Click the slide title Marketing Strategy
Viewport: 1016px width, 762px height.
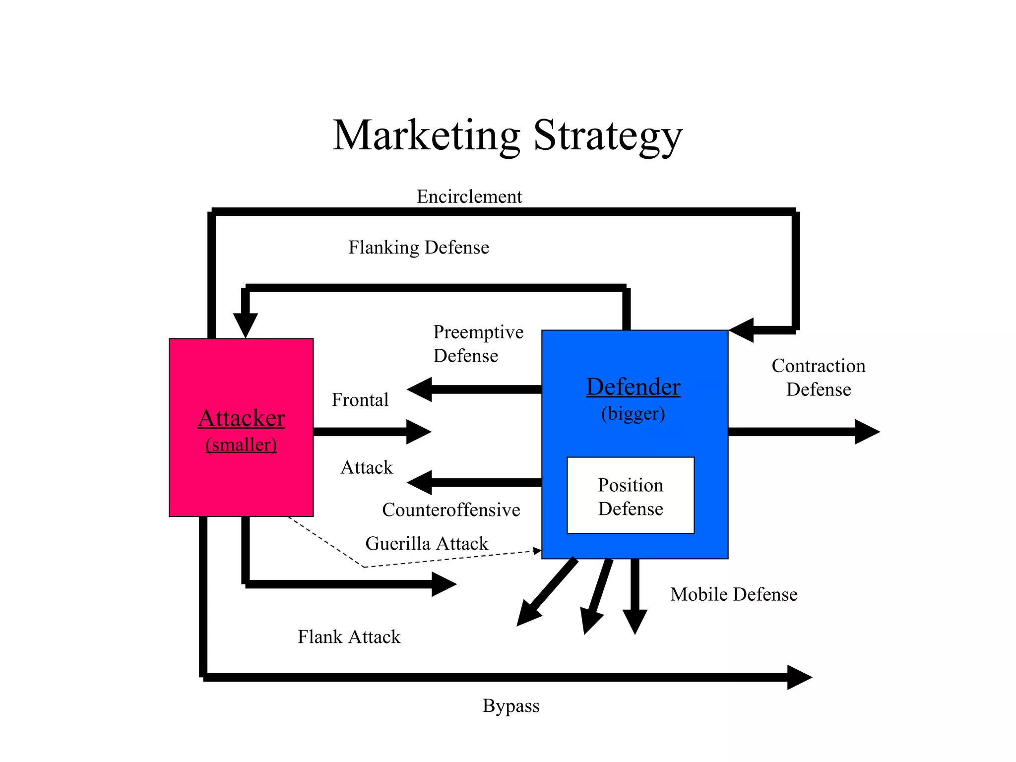(507, 135)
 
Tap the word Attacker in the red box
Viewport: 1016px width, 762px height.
(241, 418)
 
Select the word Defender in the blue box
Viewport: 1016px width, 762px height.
(633, 386)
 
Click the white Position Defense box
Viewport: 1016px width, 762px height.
(631, 496)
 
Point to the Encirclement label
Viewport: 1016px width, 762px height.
(469, 196)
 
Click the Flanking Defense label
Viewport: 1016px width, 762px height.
(418, 247)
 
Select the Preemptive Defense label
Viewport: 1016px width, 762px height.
(478, 343)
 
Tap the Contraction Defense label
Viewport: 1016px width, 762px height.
(818, 377)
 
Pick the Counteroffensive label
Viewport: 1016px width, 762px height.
(451, 509)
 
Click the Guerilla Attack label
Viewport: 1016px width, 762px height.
(427, 543)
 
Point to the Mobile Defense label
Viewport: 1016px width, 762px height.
(734, 594)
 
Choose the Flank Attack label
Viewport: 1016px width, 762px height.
(349, 636)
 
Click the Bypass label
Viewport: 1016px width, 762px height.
(511, 705)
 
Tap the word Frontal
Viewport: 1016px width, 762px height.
(360, 399)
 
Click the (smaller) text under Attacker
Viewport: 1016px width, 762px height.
(241, 444)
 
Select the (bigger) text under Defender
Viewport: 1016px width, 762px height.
(633, 413)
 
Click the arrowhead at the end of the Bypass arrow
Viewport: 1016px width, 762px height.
(799, 677)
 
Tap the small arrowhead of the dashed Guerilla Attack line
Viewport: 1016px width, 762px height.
(537, 551)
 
